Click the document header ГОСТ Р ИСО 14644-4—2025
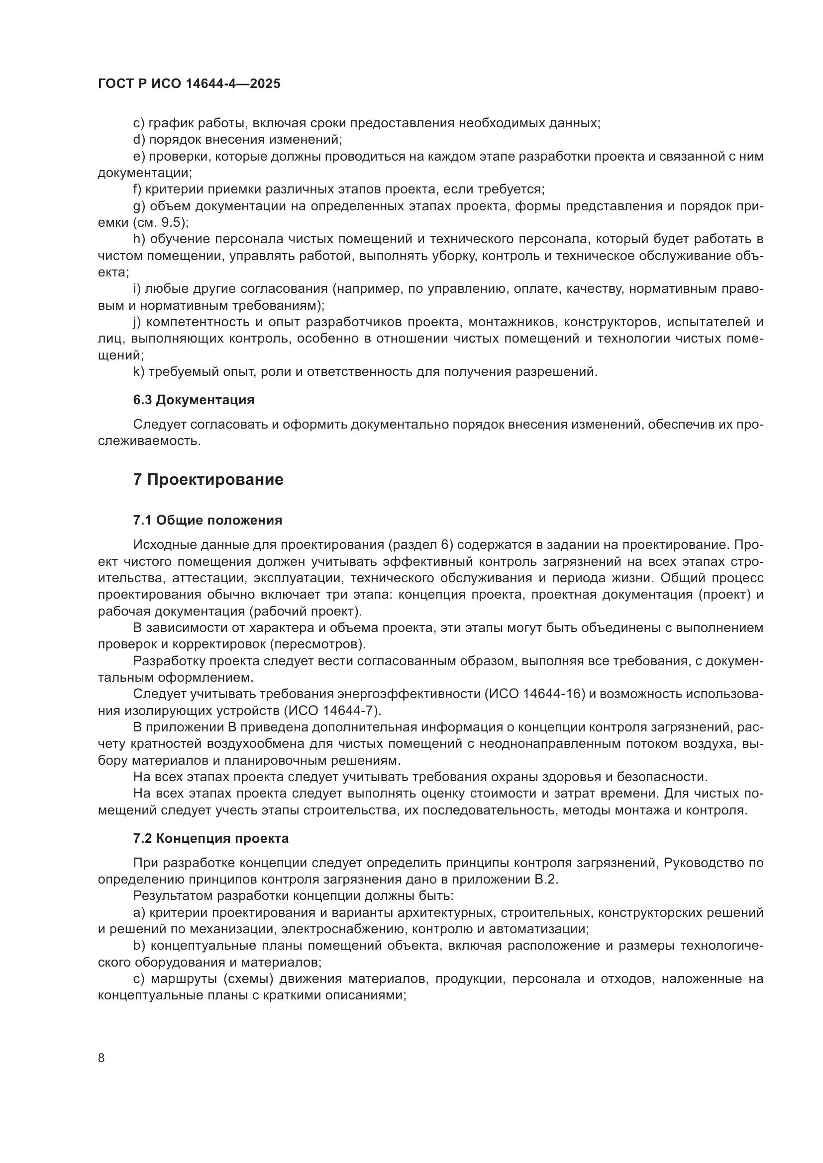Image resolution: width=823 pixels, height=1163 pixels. [x=189, y=84]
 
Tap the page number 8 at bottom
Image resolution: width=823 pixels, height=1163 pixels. [x=102, y=1058]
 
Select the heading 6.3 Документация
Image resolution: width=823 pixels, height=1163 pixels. [x=194, y=400]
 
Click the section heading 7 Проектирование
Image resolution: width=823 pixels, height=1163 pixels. [x=208, y=479]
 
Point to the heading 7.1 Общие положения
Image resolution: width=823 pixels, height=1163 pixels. [x=208, y=520]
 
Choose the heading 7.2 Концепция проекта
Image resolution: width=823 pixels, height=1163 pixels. [x=211, y=838]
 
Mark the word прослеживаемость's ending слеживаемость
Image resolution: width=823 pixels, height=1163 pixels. [x=148, y=441]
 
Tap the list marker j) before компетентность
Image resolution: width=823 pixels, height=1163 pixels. [x=138, y=322]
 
